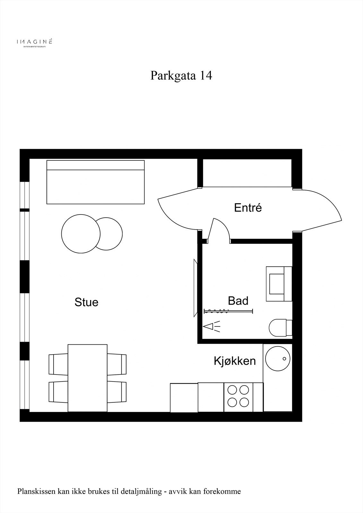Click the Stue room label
(x=86, y=302)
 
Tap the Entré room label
(x=248, y=208)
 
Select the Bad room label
(x=238, y=301)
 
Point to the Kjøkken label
(x=235, y=361)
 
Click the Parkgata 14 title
(x=181, y=76)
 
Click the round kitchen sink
(x=278, y=359)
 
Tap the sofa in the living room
(x=96, y=182)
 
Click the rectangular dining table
(x=88, y=378)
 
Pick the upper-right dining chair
(x=117, y=364)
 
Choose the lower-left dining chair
(x=58, y=392)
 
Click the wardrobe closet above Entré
(x=247, y=173)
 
